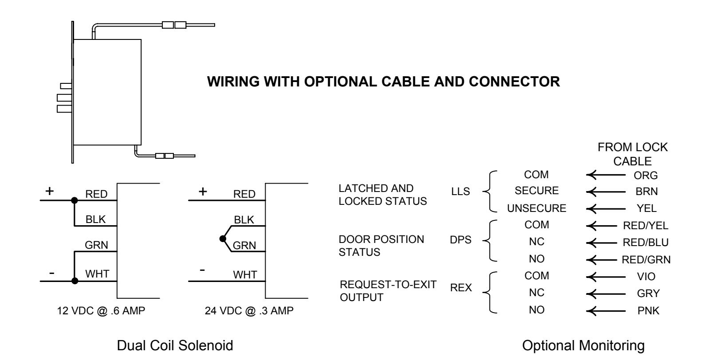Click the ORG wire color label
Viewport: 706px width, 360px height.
[646, 176]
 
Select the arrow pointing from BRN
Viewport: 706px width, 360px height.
[606, 192]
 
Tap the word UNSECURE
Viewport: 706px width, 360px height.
[537, 208]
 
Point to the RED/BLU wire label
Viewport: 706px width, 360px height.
[646, 243]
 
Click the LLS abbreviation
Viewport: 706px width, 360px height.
[460, 192]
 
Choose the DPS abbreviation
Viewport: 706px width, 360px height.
[460, 240]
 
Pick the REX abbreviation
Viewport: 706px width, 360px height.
[461, 288]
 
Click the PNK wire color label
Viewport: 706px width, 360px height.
[648, 311]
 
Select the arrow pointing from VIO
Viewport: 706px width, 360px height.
[606, 277]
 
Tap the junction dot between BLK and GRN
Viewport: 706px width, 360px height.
[223, 239]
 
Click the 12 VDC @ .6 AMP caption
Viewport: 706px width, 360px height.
[101, 311]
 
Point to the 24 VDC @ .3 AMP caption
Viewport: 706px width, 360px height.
[249, 311]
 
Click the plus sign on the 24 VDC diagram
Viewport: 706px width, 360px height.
[203, 192]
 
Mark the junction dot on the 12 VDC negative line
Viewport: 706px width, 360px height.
[75, 281]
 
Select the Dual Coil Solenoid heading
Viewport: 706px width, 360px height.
[175, 345]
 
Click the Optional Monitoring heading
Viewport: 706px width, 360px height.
[584, 345]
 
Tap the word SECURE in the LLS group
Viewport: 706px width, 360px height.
[537, 191]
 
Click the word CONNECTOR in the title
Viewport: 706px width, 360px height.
[514, 82]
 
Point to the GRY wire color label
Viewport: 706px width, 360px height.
[648, 293]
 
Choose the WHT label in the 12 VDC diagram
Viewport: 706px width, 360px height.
[97, 274]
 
